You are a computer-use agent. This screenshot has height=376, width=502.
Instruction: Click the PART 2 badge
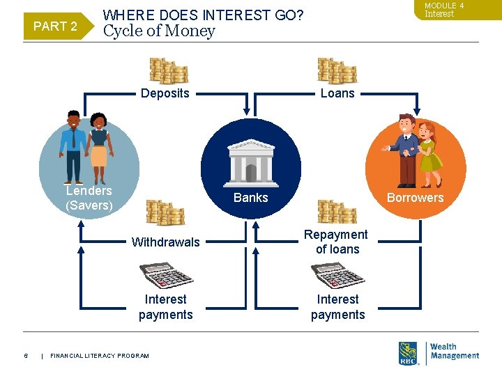tap(55, 26)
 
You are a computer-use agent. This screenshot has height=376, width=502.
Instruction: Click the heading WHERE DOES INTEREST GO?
tap(203, 14)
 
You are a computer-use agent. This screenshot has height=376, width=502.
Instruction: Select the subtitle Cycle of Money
tap(159, 31)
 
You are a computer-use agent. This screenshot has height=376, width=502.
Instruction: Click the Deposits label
tap(165, 93)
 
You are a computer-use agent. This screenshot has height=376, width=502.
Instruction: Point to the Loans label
tap(337, 93)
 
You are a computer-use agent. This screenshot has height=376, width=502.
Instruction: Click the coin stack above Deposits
tap(168, 71)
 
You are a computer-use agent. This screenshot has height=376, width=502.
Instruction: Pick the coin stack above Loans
tap(337, 71)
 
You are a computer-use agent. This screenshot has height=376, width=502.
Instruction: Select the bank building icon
tap(251, 159)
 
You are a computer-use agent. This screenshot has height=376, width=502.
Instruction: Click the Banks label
tap(251, 198)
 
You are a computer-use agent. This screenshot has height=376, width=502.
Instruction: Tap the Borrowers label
tap(415, 198)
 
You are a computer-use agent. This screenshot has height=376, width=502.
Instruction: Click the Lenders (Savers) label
tap(89, 198)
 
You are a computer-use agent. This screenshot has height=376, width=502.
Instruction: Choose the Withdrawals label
tap(166, 242)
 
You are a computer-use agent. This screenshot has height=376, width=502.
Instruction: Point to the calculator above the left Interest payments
tap(166, 276)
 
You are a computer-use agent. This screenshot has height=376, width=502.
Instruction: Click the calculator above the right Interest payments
tap(337, 276)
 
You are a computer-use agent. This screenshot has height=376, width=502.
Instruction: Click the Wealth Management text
tap(455, 351)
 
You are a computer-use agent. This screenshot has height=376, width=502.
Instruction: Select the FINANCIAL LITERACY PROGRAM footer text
tap(100, 356)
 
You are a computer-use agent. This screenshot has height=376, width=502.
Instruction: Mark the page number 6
tap(26, 356)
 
